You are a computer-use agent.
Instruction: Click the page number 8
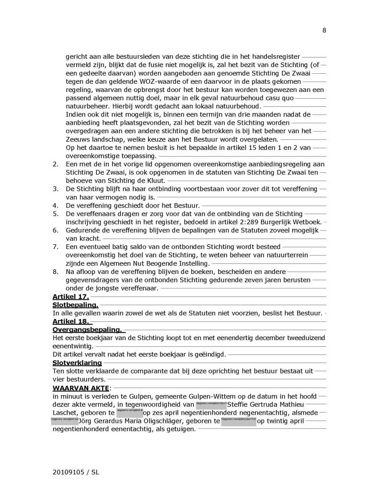[x=324, y=30]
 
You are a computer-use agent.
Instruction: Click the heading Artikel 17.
[x=70, y=297]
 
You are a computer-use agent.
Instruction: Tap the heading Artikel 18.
[x=70, y=321]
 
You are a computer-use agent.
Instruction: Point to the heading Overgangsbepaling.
[x=88, y=330]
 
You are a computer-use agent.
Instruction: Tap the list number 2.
[x=55, y=164]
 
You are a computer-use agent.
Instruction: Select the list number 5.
[x=55, y=213]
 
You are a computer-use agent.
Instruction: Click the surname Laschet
[x=66, y=412]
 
